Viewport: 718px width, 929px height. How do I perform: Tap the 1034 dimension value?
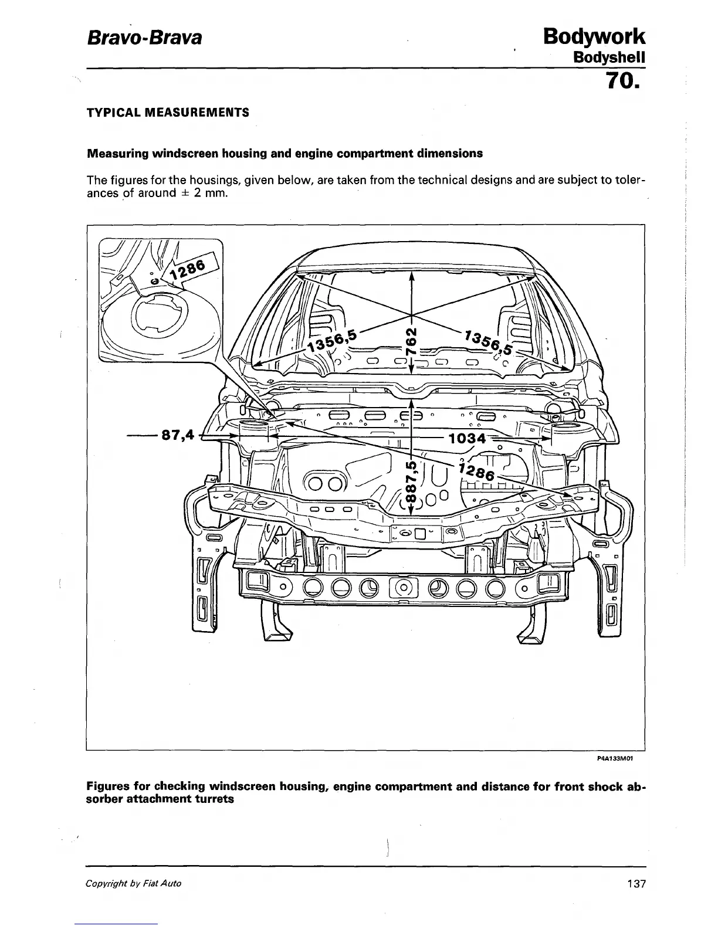pyautogui.click(x=467, y=438)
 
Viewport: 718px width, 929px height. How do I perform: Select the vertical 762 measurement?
pyautogui.click(x=412, y=340)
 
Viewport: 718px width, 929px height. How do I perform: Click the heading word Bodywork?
pyautogui.click(x=594, y=36)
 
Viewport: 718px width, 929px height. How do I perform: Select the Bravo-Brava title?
pyautogui.click(x=144, y=39)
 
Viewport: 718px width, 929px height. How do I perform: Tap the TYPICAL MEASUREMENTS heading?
pyautogui.click(x=168, y=112)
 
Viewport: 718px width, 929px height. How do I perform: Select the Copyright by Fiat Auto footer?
pyautogui.click(x=134, y=883)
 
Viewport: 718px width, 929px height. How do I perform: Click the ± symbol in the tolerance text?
pyautogui.click(x=185, y=193)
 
